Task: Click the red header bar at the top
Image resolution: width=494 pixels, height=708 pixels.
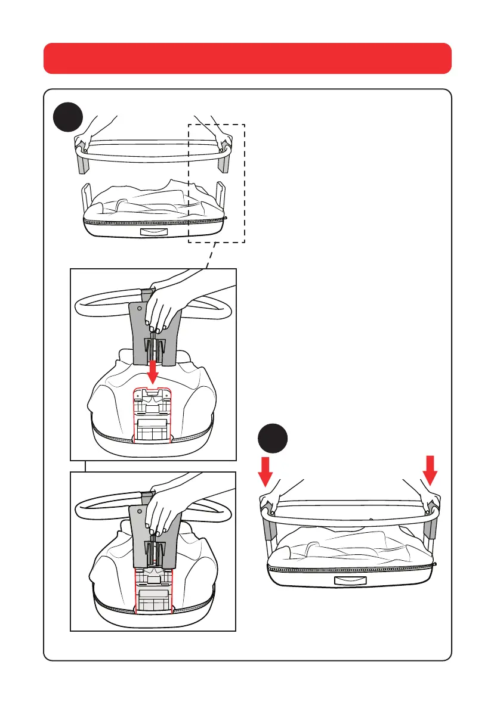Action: coord(247,58)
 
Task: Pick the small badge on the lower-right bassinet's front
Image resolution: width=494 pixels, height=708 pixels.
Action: coord(348,581)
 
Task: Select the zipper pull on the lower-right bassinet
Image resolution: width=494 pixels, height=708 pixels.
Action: coord(436,563)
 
